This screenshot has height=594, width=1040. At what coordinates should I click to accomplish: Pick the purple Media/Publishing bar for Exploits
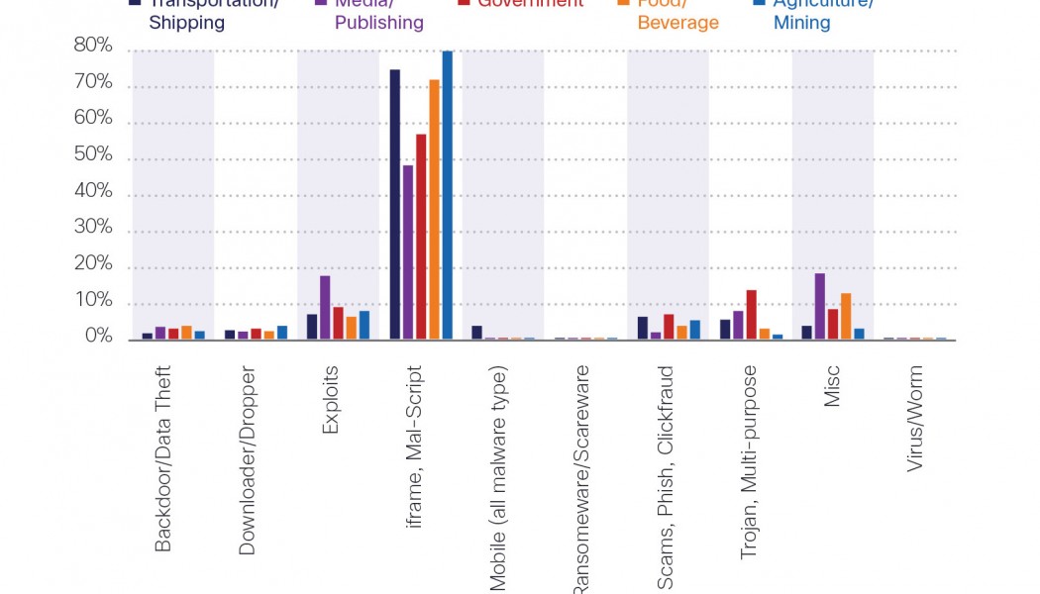point(325,308)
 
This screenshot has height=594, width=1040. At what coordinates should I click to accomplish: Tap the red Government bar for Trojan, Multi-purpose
point(752,315)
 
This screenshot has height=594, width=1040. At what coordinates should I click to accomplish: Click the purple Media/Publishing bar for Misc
point(820,307)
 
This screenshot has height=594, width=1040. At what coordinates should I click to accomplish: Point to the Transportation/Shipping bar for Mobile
point(476,333)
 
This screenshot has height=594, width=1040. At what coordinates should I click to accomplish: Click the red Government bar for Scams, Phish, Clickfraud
point(669,327)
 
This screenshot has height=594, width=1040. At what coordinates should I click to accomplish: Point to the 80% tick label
point(93,47)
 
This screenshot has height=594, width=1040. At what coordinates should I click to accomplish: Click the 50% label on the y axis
point(93,156)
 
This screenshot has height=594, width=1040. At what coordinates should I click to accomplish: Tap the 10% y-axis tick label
point(93,302)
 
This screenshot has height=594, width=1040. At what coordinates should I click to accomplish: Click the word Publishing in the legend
point(379,22)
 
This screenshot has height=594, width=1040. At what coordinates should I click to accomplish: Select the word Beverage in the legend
point(677,22)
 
